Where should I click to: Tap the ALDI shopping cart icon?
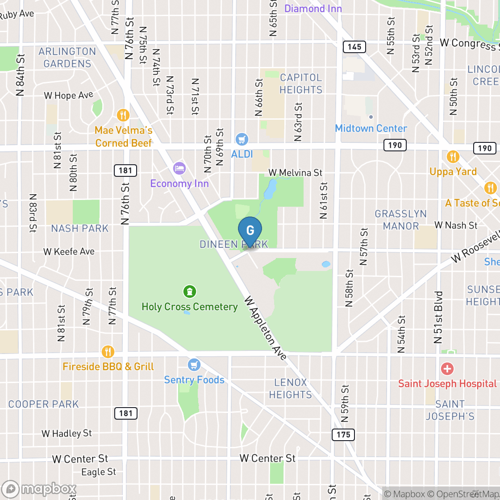(x=242, y=140)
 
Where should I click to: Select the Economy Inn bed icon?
(x=179, y=168)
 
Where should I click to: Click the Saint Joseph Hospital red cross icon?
(x=447, y=369)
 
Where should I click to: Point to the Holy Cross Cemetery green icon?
(x=190, y=292)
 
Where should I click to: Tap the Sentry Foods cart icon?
(x=194, y=365)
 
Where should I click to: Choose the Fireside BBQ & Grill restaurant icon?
(x=108, y=352)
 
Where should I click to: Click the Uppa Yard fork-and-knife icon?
(x=453, y=157)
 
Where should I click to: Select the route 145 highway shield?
(x=354, y=46)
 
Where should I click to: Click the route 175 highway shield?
(x=343, y=434)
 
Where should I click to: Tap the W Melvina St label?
(x=295, y=172)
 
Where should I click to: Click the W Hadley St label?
(x=67, y=433)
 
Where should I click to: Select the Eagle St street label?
(x=99, y=472)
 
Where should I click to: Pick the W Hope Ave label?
(x=68, y=95)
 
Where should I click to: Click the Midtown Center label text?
(x=371, y=128)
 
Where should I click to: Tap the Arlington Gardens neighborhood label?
(x=67, y=58)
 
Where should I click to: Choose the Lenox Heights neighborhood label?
(x=291, y=388)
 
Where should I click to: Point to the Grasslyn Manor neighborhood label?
(x=400, y=220)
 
